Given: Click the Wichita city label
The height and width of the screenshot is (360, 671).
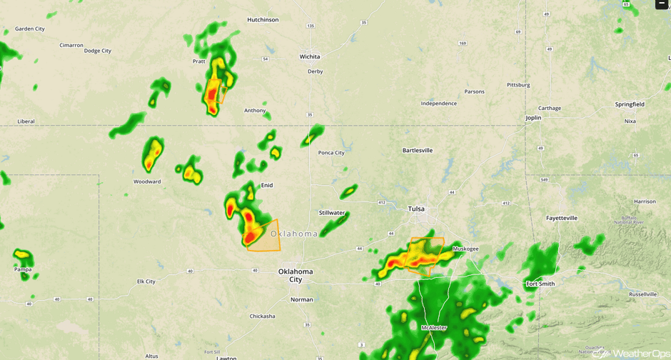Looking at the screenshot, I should [310, 56].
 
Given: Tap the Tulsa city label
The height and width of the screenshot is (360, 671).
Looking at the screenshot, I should [416, 209].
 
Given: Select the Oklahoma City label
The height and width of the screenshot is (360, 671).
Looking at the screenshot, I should [296, 275].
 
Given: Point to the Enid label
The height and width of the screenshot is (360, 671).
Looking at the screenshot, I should [267, 185].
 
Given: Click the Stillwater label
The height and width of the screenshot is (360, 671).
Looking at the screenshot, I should [332, 213].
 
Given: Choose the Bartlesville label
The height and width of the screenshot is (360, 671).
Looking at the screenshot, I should [418, 151].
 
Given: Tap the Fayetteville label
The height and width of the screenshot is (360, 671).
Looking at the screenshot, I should [562, 218].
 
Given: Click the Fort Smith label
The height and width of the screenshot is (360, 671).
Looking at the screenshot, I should [540, 284].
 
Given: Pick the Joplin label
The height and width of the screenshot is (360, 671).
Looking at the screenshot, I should [533, 118].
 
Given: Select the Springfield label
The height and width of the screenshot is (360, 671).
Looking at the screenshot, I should [630, 104].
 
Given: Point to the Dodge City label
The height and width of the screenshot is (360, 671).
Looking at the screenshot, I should [98, 51].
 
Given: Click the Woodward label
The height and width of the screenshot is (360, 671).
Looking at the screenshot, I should [147, 181].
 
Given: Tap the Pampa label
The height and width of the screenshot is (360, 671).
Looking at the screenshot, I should [23, 269].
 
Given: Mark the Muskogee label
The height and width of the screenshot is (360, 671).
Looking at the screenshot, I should [465, 249].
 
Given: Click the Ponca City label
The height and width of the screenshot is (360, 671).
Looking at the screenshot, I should [331, 153].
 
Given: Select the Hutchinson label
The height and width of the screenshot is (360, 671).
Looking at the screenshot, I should [263, 20].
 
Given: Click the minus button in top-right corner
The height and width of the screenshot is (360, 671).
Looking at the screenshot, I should [662, 4].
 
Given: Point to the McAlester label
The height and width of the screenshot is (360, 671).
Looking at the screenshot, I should [434, 328].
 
